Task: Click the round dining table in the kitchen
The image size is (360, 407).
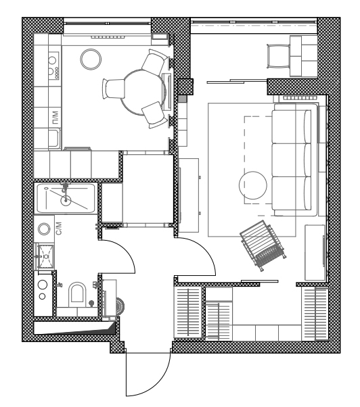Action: coord(143,91)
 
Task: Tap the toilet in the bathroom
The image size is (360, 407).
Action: coord(77,294)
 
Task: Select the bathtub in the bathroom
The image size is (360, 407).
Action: coord(66,198)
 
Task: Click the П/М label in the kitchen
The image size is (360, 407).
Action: coord(55,118)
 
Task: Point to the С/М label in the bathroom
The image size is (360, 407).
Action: coord(59,228)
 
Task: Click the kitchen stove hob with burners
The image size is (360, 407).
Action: coord(53,66)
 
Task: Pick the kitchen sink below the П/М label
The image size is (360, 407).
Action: coord(54,139)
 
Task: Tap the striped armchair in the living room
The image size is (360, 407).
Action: coord(263,245)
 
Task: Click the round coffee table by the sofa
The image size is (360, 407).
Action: coord(252,185)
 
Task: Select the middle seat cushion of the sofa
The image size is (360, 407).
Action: coord(291,160)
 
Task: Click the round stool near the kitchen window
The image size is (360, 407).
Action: coord(91,59)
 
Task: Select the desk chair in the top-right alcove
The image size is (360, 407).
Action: coord(278,56)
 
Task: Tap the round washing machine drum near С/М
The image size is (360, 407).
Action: coord(44,229)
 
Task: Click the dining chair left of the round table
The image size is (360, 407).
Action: coord(114,89)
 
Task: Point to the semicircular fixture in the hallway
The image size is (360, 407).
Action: coord(120,306)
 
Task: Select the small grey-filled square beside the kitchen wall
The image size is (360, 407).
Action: coord(182,99)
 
